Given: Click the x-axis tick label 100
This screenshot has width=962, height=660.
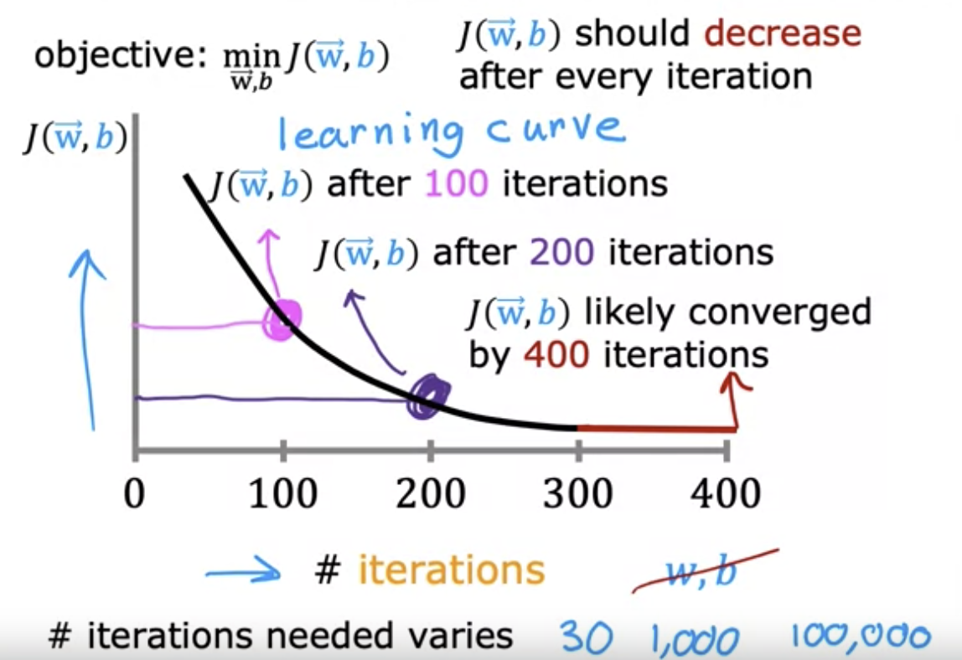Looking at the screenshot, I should [x=282, y=493].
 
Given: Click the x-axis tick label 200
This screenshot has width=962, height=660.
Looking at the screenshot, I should [x=430, y=493].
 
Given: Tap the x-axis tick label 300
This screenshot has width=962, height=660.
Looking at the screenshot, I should [x=577, y=493].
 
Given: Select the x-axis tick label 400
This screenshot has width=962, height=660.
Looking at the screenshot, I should [x=726, y=493].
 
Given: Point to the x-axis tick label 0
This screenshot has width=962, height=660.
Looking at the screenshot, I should [x=135, y=493].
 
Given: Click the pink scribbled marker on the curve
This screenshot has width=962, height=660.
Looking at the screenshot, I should [x=283, y=320].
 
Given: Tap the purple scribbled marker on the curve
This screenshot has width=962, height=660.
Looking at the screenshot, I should [x=428, y=396].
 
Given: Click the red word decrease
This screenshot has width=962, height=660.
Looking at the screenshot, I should [x=783, y=34].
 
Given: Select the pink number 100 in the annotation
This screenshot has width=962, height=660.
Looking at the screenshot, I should [x=456, y=183].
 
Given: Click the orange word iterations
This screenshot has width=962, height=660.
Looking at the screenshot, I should [x=452, y=570].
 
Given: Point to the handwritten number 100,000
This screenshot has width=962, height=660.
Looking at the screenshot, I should [x=859, y=637].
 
